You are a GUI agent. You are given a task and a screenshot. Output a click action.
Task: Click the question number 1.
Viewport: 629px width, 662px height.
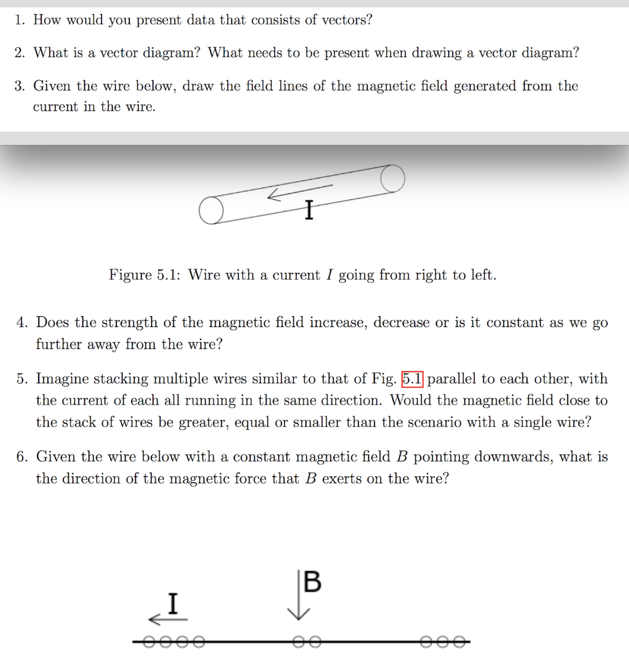[x=20, y=20]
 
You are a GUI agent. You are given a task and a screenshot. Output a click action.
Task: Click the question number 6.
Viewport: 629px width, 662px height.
[x=23, y=458]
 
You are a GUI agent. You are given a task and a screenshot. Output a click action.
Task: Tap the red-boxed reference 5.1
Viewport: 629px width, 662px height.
[x=412, y=379]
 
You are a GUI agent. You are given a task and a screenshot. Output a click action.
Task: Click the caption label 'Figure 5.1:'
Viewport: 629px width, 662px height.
[x=145, y=275]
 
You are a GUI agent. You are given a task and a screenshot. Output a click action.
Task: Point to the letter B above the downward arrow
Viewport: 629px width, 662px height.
[x=311, y=582]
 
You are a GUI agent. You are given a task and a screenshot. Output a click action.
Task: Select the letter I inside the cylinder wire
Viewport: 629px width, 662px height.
[x=309, y=210]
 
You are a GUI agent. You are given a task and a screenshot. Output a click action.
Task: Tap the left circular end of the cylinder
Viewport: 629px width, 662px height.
[x=210, y=211]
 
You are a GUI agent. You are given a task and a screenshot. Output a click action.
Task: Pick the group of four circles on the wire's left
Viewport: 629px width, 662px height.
[x=173, y=642]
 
